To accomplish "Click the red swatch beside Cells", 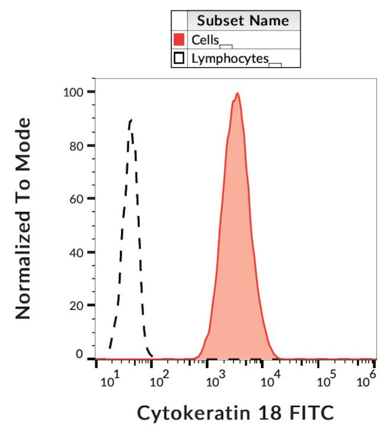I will click(179, 40).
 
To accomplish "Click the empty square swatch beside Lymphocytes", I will click(179, 58).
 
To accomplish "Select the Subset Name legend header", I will click(243, 21).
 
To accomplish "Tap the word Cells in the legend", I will click(205, 40).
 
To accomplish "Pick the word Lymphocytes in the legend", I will click(230, 59).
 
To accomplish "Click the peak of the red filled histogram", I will click(238, 94).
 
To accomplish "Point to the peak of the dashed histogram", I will click(130, 121).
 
